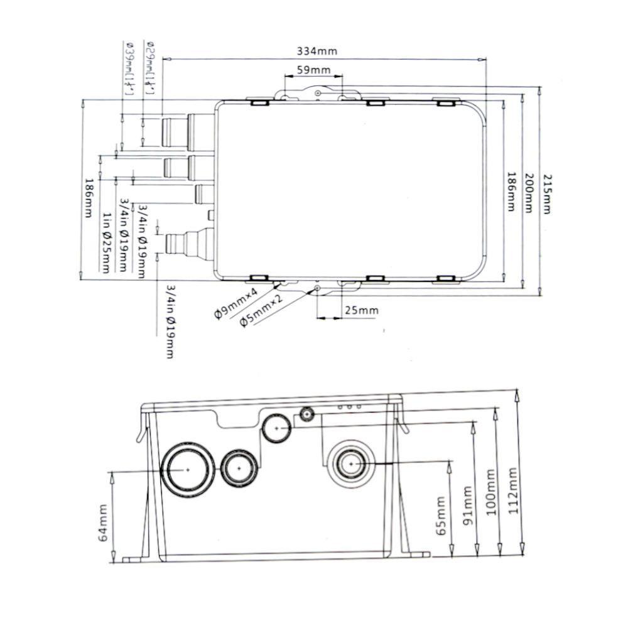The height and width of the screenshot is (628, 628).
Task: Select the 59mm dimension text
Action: tap(312, 71)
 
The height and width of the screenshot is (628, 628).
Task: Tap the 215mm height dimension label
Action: tap(546, 193)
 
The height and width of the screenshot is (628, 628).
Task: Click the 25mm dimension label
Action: tap(362, 310)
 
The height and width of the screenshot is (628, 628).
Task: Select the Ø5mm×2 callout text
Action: tap(261, 311)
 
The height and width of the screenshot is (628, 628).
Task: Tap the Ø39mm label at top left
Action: tap(131, 68)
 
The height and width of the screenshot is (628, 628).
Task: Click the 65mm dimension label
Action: tap(440, 513)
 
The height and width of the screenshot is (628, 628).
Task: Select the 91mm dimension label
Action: tap(467, 502)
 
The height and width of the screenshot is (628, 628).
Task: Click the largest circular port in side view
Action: tap(187, 469)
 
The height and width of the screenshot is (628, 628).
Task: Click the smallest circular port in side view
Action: tap(308, 414)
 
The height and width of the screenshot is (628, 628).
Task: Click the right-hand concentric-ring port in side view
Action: tap(351, 463)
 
